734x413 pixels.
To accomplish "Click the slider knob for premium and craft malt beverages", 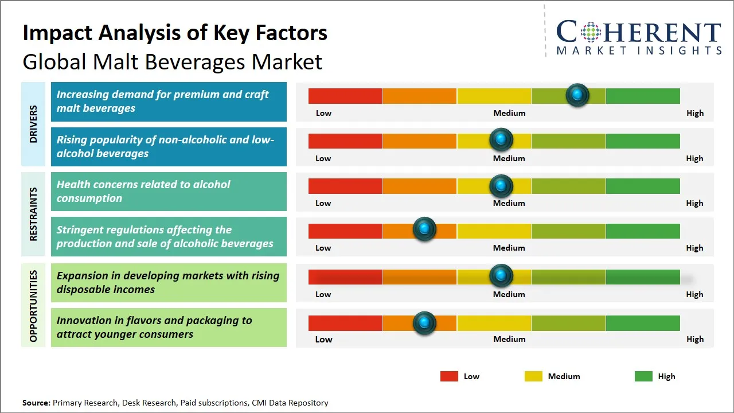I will click(577, 95).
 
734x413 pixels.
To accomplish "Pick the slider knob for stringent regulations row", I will click(424, 229).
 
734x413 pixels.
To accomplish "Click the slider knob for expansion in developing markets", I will click(501, 276).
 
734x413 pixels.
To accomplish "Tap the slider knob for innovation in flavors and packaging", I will click(424, 323).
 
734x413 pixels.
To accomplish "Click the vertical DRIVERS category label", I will click(33, 124).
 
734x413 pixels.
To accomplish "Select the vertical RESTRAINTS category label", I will click(33, 214).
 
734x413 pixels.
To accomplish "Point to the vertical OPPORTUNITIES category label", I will click(33, 306).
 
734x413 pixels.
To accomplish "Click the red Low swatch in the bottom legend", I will click(449, 376).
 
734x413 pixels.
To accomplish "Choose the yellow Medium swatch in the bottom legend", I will click(533, 376).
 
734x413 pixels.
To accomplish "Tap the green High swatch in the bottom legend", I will click(643, 376).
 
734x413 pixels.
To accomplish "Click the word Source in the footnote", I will click(36, 403).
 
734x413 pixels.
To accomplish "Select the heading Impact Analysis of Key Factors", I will click(175, 33).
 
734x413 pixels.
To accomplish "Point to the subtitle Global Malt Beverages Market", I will click(172, 61).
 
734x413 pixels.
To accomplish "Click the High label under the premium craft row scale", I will click(694, 113).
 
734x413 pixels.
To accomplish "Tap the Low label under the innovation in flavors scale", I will click(323, 339).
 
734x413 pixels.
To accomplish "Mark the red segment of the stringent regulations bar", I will click(345, 231).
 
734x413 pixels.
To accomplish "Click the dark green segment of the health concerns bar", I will click(642, 186).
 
